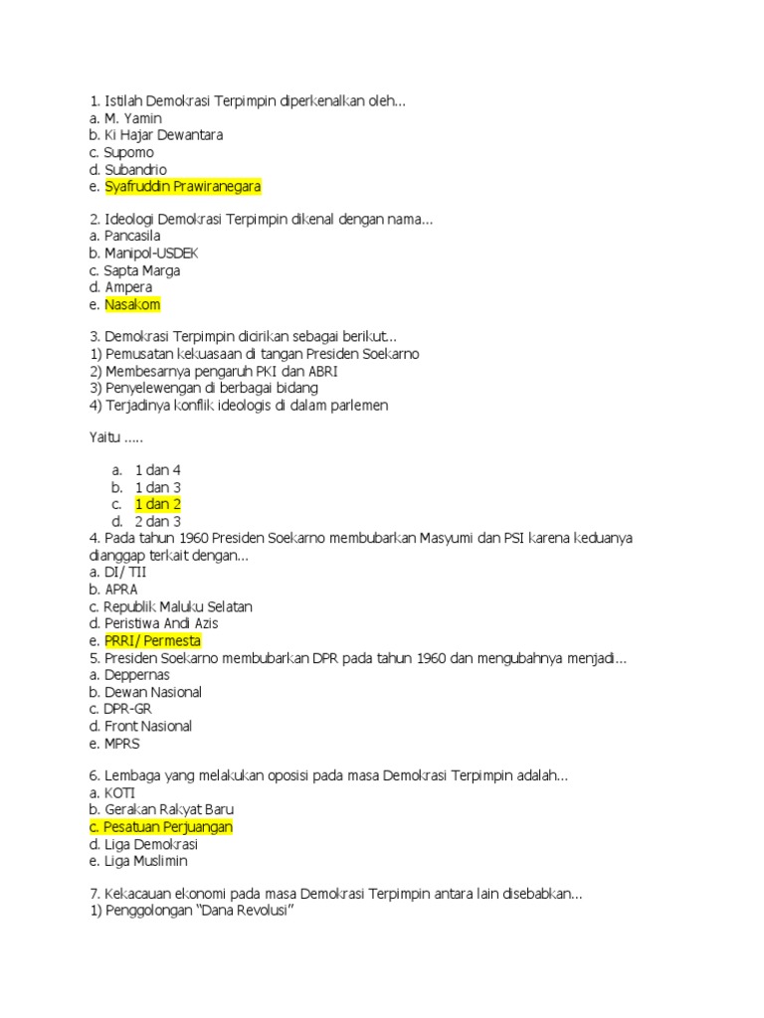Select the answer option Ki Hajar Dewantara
pos(163,135)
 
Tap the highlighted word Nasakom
pos(132,305)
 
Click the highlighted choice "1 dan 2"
pos(157,504)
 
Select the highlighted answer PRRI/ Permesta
pos(152,640)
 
